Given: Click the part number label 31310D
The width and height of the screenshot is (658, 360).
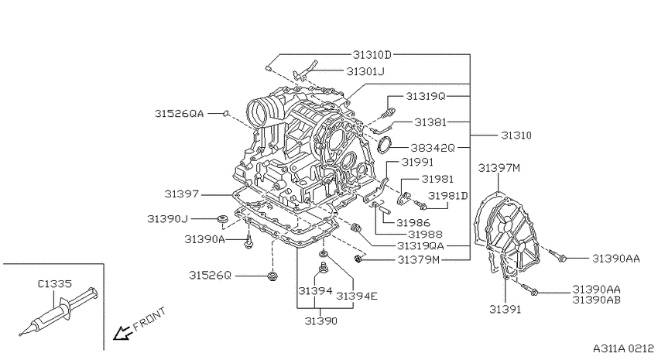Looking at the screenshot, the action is (372, 54).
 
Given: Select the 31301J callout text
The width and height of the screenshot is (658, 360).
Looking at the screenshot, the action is (365, 72).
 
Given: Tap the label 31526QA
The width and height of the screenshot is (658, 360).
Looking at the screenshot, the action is (179, 113).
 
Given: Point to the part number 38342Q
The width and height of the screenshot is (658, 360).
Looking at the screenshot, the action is (433, 148).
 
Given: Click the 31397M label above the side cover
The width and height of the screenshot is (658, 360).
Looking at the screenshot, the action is (499, 168).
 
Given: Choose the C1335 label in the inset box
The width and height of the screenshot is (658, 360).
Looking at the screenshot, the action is (55, 283).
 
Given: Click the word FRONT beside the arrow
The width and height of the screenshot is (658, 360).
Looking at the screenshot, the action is (149, 319).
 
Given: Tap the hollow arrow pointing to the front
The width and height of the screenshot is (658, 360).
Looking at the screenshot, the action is (122, 332).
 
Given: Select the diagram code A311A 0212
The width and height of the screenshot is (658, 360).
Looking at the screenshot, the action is (623, 348).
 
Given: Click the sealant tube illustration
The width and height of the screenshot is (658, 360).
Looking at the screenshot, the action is (59, 311).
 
